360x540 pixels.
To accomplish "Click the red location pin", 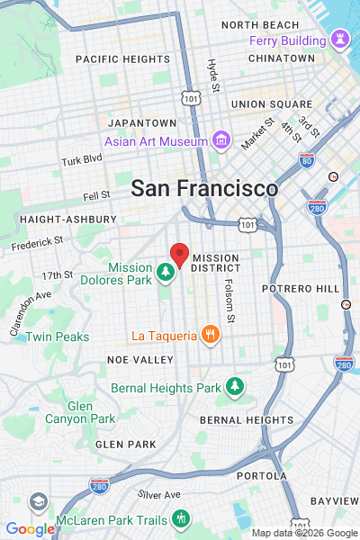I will tap(180, 256).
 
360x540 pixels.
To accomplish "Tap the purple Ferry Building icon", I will tap(339, 40).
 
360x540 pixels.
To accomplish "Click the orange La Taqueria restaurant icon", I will tap(210, 336).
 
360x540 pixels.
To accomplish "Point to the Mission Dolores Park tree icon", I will tap(165, 272).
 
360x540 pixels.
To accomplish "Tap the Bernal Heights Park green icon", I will tap(235, 387).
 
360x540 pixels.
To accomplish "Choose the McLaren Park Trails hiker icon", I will tap(181, 518).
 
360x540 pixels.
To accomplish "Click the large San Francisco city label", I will tap(204, 189).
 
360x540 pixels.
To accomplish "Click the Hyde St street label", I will tap(213, 76).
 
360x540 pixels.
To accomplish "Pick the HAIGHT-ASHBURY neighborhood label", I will tap(67, 219).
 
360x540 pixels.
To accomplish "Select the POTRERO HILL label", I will tap(301, 289).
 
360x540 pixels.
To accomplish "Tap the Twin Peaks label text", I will tap(57, 337).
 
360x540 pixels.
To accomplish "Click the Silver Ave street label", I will tap(159, 494).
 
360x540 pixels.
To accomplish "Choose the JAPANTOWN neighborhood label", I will tap(142, 122).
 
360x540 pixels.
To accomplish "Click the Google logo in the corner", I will tap(29, 529).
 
